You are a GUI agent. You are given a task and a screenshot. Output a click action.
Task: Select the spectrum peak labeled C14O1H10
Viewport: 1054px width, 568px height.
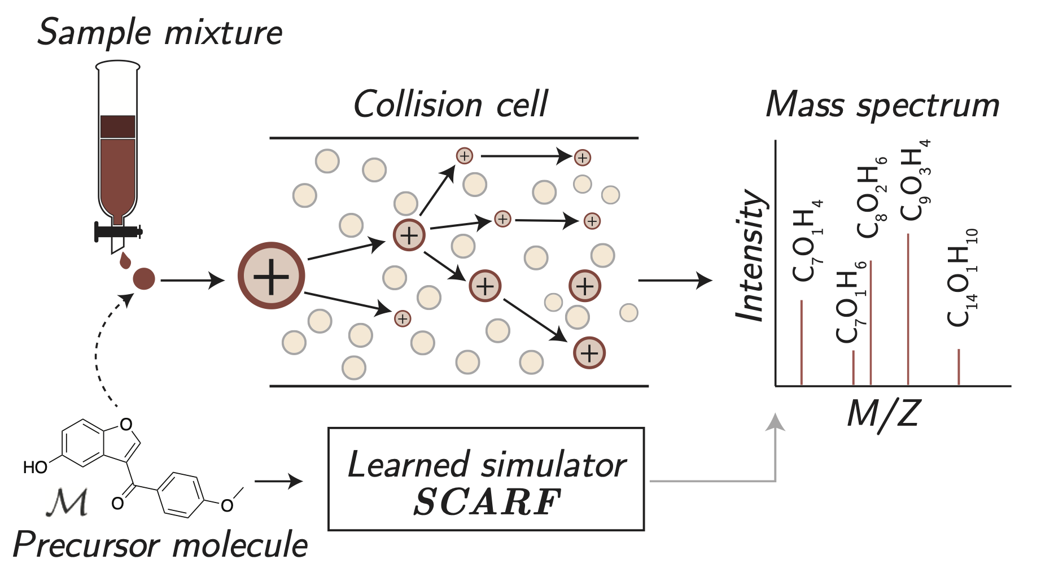coord(959,367)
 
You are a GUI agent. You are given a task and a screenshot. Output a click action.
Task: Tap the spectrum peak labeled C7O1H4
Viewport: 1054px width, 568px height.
coord(802,342)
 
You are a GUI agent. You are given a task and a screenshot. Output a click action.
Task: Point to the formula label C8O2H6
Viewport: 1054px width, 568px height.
coord(872,197)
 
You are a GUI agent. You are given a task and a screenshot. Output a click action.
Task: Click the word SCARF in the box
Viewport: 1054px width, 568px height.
coord(487,502)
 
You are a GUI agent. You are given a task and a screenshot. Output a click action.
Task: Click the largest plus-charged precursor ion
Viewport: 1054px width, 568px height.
coord(272,276)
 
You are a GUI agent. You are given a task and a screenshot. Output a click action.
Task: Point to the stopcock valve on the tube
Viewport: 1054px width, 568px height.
coord(117,231)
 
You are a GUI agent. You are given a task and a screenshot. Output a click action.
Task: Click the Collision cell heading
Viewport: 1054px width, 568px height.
coord(450,104)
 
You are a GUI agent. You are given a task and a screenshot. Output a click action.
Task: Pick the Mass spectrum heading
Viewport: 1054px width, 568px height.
coord(882,105)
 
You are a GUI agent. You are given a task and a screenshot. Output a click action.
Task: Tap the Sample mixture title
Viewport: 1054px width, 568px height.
coord(160,32)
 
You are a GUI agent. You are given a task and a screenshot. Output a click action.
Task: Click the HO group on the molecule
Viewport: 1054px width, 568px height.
coord(35,467)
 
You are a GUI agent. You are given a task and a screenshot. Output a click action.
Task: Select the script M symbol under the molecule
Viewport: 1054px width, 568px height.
coord(68,502)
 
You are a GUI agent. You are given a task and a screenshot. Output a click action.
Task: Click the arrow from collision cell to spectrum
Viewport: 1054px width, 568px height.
coord(675,280)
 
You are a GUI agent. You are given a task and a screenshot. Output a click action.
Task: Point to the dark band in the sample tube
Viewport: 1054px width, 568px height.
coord(117,127)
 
